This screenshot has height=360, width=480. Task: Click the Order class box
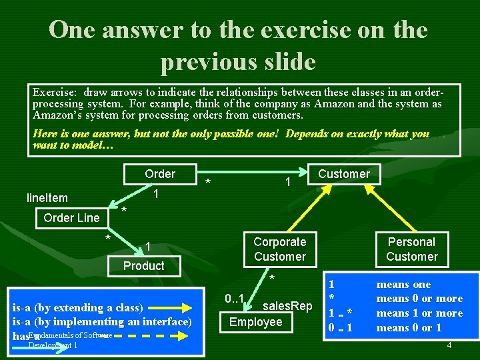point(160,174)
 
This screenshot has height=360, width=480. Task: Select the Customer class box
point(343,174)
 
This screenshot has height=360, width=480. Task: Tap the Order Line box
point(71,218)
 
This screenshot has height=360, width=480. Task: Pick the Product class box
point(143,266)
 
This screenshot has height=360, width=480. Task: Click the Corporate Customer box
point(279,249)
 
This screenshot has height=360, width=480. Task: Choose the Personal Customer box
point(411,249)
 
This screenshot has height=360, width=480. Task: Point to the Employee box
point(255,322)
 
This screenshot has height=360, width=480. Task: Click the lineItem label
point(47,197)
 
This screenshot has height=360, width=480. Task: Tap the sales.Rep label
point(288,306)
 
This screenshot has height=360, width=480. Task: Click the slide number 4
point(449,345)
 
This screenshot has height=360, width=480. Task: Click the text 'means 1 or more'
point(419,313)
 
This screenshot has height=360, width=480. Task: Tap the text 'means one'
point(404,284)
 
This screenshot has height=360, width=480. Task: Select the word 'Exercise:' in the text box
point(55,93)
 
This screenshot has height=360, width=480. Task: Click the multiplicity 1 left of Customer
point(287,182)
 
